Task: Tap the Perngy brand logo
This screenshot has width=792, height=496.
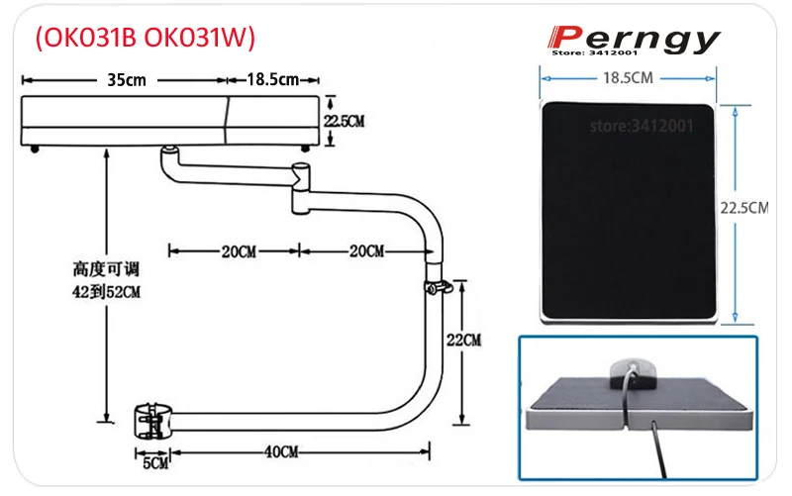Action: (636, 39)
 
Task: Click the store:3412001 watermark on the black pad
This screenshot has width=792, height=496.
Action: (642, 127)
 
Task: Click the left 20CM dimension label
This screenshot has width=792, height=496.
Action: (238, 251)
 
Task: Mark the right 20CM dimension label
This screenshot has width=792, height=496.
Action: (366, 251)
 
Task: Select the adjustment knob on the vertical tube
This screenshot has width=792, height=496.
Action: (440, 288)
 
